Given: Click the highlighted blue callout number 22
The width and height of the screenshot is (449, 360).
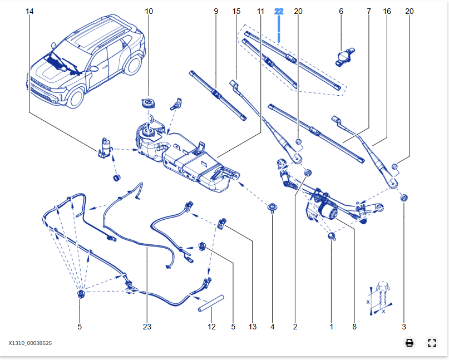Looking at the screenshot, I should (x=279, y=11).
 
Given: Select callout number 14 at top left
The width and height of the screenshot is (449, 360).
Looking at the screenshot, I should (x=29, y=11).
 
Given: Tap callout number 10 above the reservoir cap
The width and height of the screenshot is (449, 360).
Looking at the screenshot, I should (x=149, y=11).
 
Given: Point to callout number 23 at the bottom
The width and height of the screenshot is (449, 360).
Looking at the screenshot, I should (x=146, y=327).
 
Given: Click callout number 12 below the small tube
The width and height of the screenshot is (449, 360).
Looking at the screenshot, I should (x=211, y=327).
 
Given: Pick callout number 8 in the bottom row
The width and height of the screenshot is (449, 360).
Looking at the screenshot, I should (x=354, y=327).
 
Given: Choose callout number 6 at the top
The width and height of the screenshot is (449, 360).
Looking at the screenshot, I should (x=341, y=11).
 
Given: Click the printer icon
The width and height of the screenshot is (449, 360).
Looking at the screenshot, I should (x=409, y=343).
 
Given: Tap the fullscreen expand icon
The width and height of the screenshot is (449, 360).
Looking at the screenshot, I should (x=431, y=343).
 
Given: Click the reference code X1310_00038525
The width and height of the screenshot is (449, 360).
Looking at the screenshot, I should (x=30, y=343).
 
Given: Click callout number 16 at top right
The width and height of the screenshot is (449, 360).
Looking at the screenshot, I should (x=387, y=11).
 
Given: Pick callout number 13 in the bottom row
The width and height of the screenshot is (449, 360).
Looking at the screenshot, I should (x=253, y=327).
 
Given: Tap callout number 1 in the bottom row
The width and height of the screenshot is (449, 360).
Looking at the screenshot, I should (x=331, y=327).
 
